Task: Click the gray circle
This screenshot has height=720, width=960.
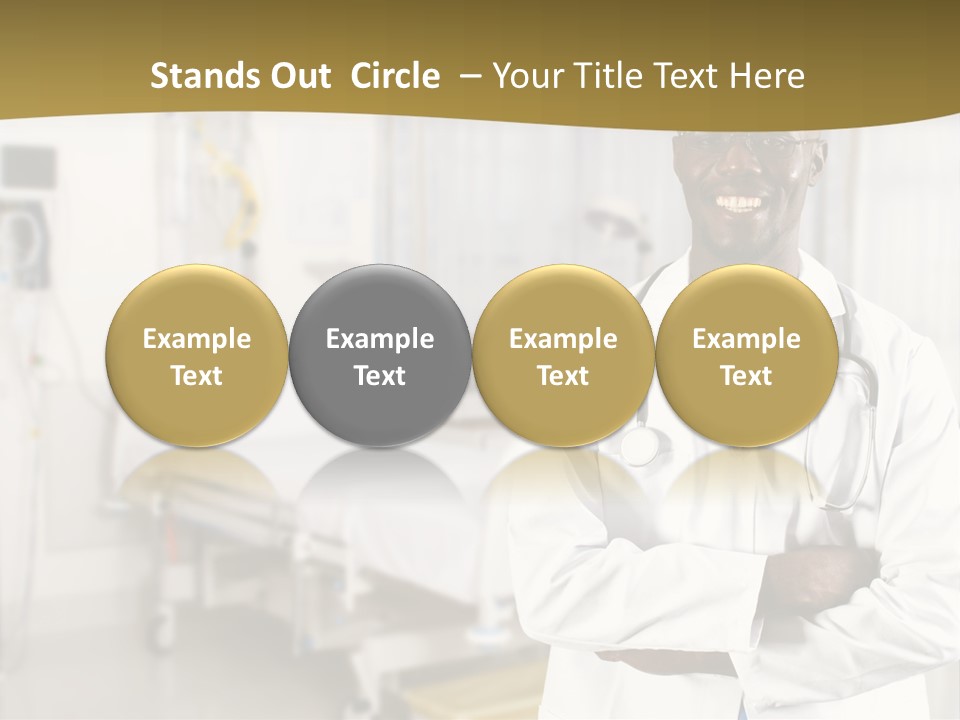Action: tap(380, 356)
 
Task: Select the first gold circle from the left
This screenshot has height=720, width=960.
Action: tap(197, 356)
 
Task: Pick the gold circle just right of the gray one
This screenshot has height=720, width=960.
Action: tap(563, 356)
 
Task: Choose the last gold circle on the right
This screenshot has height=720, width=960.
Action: tap(746, 356)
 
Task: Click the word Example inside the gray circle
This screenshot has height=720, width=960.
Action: tap(380, 339)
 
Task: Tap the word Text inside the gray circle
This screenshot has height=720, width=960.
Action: tap(380, 376)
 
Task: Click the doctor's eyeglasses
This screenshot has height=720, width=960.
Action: tap(745, 146)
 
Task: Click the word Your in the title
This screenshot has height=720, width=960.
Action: tap(526, 76)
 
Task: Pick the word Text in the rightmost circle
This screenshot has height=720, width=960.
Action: tap(746, 376)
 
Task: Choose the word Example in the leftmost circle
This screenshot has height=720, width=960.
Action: tap(197, 339)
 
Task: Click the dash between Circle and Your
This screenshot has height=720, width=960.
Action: tap(468, 76)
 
